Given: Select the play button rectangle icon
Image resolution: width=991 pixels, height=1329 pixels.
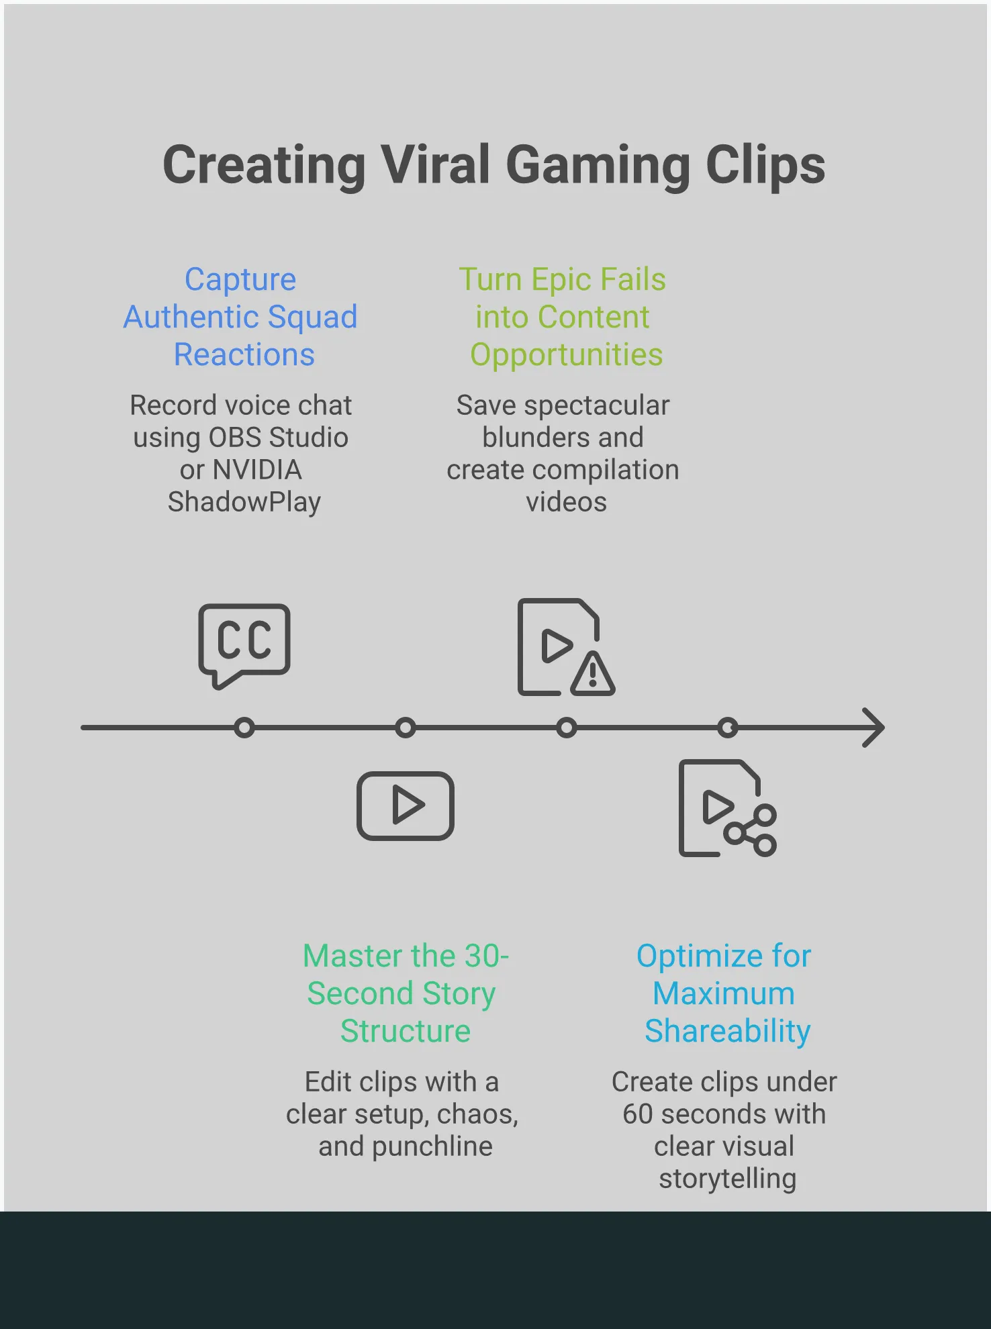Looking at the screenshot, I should (405, 805).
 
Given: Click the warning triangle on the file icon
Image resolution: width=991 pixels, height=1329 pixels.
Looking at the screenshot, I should (592, 674).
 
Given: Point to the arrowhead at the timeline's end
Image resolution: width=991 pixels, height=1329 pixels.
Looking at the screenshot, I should (874, 728).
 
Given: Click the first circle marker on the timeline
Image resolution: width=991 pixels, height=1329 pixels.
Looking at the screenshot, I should (244, 728).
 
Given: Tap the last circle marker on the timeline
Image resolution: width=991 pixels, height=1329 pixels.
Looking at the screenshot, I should (728, 728).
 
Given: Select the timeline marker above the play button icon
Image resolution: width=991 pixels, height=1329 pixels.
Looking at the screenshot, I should (406, 728).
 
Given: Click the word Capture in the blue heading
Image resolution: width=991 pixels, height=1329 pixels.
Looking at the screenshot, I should (240, 280).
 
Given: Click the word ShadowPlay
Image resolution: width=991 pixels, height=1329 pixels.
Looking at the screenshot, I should (244, 502).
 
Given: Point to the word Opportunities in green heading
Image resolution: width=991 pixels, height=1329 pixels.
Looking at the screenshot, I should (566, 355).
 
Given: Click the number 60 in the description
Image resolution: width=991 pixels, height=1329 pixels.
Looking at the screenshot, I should (637, 1114).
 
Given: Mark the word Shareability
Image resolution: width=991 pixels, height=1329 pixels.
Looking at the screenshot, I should (727, 1031).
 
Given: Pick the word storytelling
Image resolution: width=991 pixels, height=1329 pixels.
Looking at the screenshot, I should (727, 1179).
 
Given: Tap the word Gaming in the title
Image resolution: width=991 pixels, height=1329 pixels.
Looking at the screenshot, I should (598, 165).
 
